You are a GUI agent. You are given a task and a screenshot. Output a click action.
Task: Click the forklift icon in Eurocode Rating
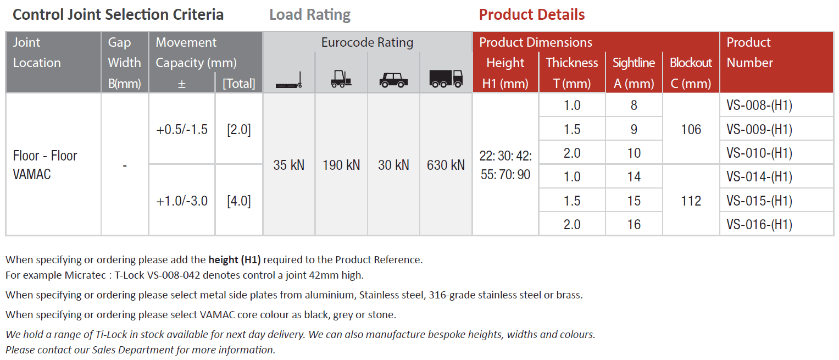(341, 80)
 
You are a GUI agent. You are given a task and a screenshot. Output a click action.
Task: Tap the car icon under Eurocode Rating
(393, 81)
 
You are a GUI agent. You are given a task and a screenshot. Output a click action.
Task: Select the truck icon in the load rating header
(446, 79)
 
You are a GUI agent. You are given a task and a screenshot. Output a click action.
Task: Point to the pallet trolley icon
(288, 82)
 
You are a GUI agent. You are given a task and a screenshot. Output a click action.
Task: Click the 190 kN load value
(341, 165)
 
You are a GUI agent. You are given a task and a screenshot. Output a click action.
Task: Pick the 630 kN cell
(446, 165)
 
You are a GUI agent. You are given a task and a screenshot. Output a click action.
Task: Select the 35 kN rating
(288, 165)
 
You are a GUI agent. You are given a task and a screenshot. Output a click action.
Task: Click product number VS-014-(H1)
(759, 177)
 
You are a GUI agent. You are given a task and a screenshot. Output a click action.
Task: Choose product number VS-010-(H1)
(759, 153)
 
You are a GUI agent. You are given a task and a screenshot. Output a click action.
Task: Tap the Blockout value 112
(691, 201)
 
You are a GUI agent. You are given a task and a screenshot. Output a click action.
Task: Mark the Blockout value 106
(691, 130)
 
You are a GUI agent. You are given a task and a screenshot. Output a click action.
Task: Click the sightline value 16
(634, 224)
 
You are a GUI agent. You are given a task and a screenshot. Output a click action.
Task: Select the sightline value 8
(634, 106)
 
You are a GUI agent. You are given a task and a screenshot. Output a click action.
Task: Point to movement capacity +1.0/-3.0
(182, 201)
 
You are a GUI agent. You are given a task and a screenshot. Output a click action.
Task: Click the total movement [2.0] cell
(239, 130)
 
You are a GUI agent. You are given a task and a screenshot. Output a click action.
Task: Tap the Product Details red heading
(531, 15)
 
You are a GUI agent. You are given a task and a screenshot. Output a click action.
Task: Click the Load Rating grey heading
(310, 15)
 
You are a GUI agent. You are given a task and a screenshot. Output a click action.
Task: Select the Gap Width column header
(124, 63)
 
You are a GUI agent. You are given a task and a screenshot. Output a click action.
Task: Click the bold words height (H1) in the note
(235, 259)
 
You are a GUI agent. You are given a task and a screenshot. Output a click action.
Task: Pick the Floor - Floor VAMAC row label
(45, 165)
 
